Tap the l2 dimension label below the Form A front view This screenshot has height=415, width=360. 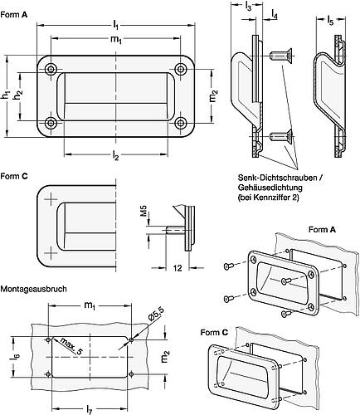coord(115,154)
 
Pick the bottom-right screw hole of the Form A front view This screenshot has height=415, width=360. coord(180,123)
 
